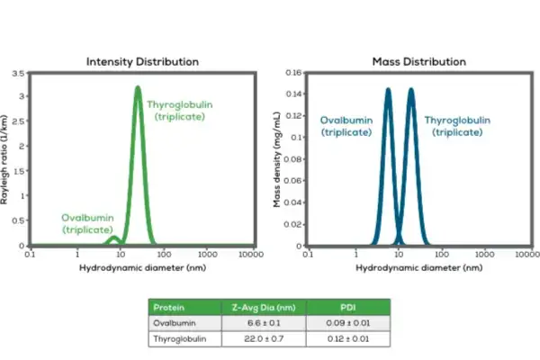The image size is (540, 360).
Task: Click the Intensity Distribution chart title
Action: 142,61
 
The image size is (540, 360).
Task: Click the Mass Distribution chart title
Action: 419,61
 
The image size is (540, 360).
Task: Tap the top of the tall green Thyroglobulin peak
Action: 138,87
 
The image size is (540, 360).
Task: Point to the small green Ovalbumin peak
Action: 113,238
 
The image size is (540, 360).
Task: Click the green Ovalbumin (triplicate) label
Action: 88,224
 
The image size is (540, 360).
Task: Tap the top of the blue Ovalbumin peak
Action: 388,89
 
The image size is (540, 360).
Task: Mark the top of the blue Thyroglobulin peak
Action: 411,89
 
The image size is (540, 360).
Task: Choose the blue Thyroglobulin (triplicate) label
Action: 459,125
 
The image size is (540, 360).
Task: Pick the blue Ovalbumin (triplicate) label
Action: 346,125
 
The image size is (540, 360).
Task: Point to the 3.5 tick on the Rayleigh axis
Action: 21,72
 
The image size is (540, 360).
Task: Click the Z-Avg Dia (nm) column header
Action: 264,307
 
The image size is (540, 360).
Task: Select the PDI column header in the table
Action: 347,307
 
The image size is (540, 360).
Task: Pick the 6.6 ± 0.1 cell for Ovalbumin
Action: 264,323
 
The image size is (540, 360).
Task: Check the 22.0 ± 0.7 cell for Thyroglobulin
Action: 264,338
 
